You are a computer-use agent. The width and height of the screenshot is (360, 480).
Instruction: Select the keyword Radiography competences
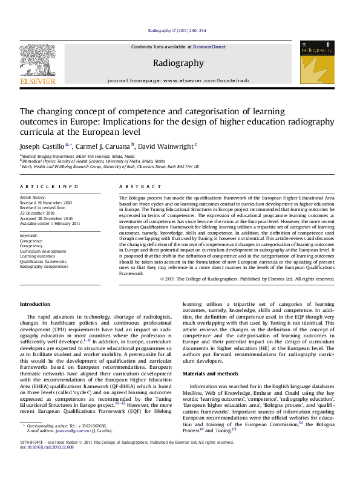(x=44, y=248)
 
